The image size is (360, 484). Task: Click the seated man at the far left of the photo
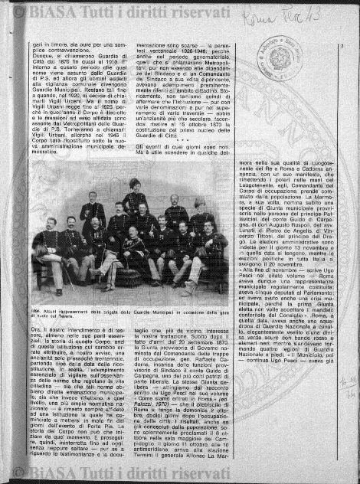46,249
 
